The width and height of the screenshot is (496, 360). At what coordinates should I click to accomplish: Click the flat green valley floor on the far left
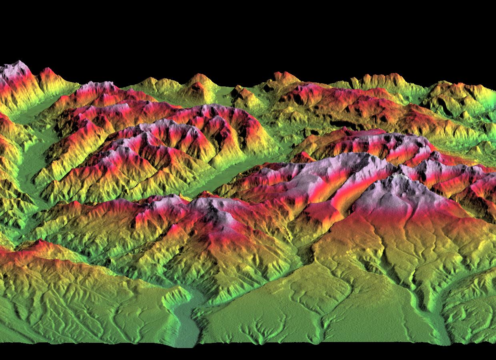coord(30,160)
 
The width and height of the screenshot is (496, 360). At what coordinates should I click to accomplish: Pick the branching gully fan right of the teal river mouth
coord(256,332)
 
